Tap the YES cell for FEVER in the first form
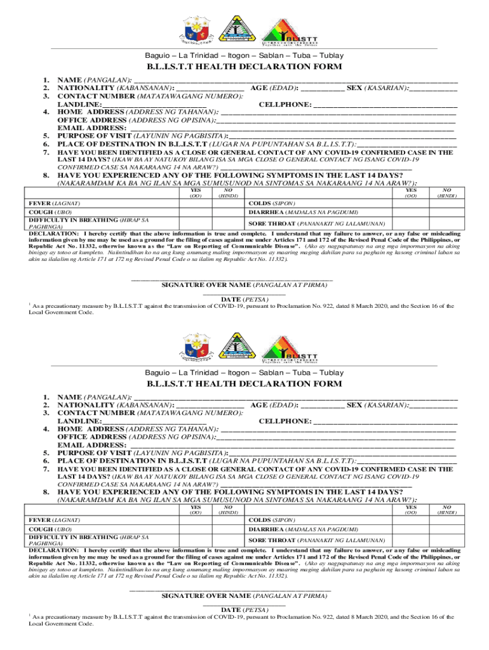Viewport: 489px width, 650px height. (198, 203)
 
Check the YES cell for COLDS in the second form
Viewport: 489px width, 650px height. (412, 521)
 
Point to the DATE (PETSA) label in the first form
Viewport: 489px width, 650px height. (245, 299)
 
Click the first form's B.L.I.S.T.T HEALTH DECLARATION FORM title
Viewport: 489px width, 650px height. (245, 67)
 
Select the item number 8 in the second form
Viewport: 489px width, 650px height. (46, 492)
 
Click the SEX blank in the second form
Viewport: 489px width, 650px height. (433, 406)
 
